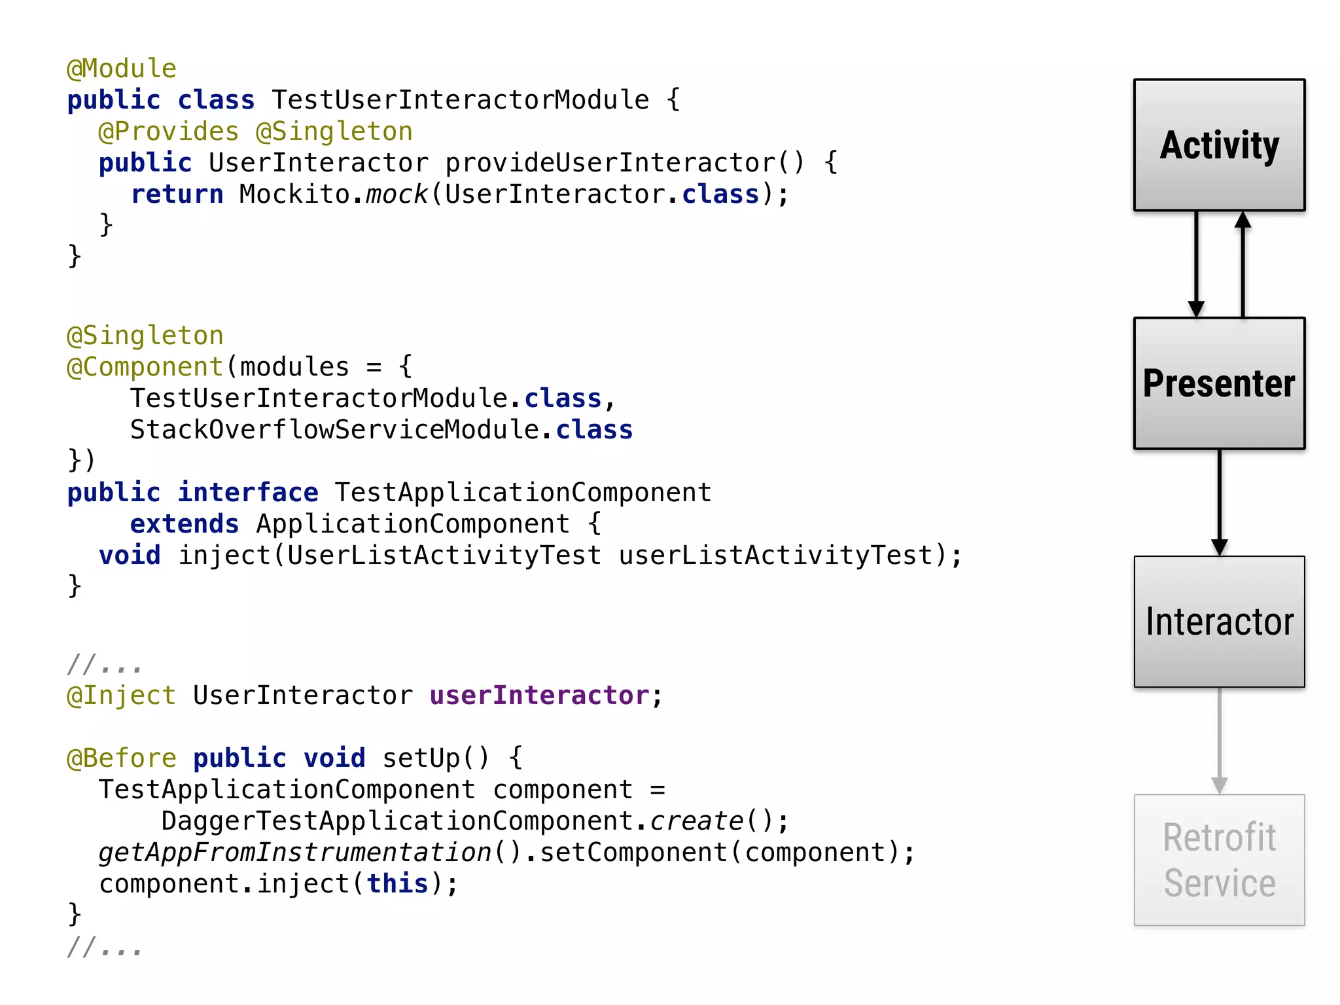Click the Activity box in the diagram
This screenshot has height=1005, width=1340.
[1219, 145]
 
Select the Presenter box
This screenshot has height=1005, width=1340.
[1219, 383]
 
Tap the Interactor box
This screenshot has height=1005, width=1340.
[1219, 622]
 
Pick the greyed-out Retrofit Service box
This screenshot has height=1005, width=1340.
[1219, 860]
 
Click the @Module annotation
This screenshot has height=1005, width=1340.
[122, 69]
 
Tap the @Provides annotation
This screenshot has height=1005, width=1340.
[168, 132]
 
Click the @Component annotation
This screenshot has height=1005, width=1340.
[145, 367]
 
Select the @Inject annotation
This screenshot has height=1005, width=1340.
[122, 696]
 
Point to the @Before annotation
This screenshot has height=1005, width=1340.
[122, 758]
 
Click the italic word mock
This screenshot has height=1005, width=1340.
[397, 194]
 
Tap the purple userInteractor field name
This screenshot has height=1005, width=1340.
[539, 696]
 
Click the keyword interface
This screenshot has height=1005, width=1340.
[248, 493]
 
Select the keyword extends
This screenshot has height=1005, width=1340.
[185, 524]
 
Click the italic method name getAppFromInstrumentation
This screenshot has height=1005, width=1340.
[294, 853]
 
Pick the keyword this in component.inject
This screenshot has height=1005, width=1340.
[397, 884]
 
